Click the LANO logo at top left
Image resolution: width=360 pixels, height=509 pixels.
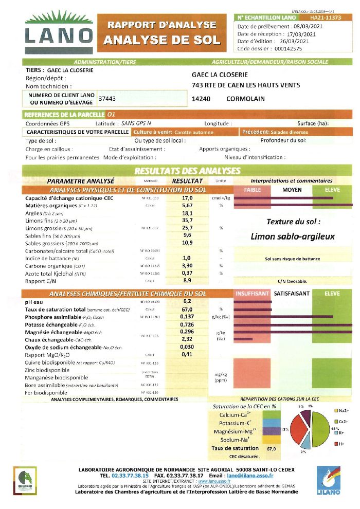pyautogui.click(x=59, y=32)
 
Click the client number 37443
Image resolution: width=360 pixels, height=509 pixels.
pyautogui.click(x=107, y=98)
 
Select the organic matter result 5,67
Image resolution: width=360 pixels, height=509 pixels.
pyautogui.click(x=187, y=205)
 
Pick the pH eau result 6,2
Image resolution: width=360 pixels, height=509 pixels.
pyautogui.click(x=187, y=301)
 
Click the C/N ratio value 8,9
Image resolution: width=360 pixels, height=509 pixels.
pyautogui.click(x=187, y=281)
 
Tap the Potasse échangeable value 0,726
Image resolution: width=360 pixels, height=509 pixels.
pyautogui.click(x=187, y=325)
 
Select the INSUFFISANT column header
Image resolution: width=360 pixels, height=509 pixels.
pyautogui.click(x=252, y=294)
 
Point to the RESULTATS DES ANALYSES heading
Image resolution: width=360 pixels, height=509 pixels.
pyautogui.click(x=187, y=171)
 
